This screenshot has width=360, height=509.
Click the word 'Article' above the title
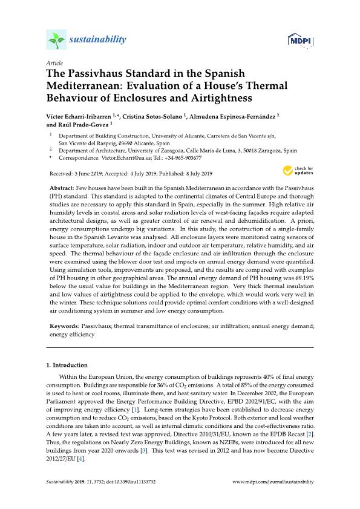(x=54, y=62)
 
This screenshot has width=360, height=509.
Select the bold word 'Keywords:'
(x=64, y=326)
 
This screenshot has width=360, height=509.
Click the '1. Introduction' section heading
(x=67, y=366)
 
